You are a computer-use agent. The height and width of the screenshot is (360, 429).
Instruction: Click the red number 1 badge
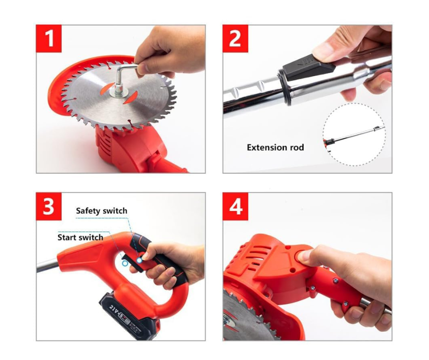[x=49, y=38]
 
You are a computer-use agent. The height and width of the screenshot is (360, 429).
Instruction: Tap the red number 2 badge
[x=235, y=38]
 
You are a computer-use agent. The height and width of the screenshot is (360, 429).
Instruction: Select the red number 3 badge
[x=49, y=206]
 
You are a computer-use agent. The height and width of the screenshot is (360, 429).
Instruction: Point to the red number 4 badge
[x=235, y=206]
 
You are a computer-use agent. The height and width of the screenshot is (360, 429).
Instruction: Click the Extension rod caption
[x=275, y=148]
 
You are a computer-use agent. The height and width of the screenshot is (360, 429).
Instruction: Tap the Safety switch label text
[x=101, y=211]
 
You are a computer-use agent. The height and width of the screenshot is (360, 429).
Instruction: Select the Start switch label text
[x=80, y=237]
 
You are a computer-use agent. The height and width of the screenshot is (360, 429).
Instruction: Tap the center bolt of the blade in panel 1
[x=119, y=92]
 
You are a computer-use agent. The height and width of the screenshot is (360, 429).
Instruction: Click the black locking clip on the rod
[x=309, y=68]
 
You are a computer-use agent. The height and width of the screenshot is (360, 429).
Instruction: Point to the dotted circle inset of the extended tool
[x=354, y=134]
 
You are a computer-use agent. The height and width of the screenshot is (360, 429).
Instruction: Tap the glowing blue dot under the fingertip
[x=140, y=260]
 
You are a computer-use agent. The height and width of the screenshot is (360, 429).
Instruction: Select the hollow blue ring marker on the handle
[x=125, y=263]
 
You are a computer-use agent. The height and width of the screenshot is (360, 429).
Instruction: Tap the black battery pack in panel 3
[x=128, y=316]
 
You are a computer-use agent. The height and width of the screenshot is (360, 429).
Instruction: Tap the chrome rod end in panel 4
[x=375, y=306]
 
